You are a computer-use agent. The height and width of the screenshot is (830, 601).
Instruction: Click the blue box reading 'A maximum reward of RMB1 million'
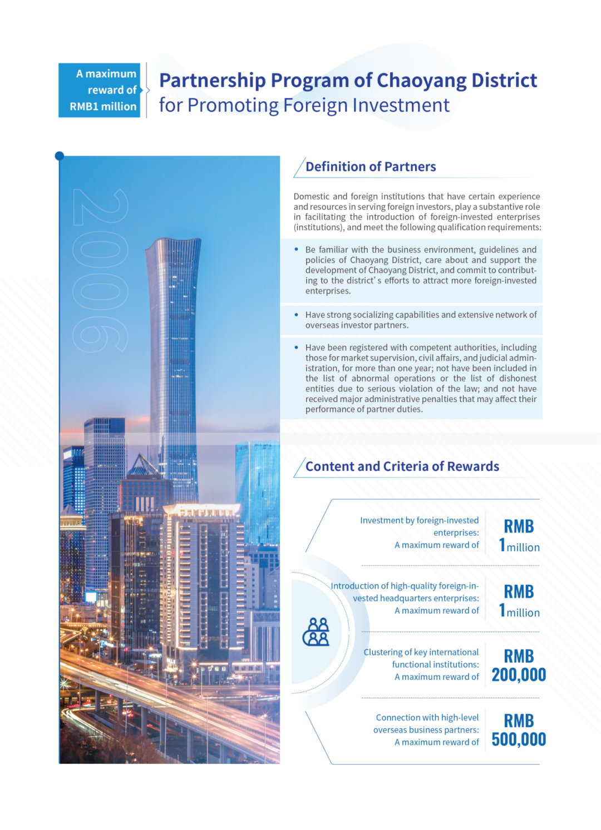pyautogui.click(x=100, y=90)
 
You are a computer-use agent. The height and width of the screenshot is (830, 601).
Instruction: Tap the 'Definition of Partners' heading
pyautogui.click(x=371, y=167)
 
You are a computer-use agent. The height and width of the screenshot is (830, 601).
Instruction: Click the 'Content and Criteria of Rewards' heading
pyautogui.click(x=402, y=466)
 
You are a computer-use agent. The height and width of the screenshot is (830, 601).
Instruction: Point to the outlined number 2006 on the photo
pyautogui.click(x=100, y=271)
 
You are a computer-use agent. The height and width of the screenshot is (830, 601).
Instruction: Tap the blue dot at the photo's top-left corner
pyautogui.click(x=60, y=156)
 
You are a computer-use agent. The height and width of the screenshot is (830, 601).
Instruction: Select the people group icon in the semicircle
pyautogui.click(x=316, y=632)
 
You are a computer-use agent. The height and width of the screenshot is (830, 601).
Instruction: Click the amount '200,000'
pyautogui.click(x=519, y=675)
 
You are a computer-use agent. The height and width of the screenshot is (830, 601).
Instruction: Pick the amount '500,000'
pyautogui.click(x=519, y=740)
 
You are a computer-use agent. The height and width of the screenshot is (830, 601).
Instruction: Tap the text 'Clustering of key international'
pyautogui.click(x=421, y=652)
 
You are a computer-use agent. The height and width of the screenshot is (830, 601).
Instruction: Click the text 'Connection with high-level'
pyautogui.click(x=427, y=718)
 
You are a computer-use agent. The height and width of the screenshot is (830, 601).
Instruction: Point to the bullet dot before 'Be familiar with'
pyautogui.click(x=297, y=250)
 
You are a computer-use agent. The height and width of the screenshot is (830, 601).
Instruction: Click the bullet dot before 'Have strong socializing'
pyautogui.click(x=297, y=315)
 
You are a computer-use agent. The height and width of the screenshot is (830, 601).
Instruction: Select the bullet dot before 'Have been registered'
pyautogui.click(x=297, y=347)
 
